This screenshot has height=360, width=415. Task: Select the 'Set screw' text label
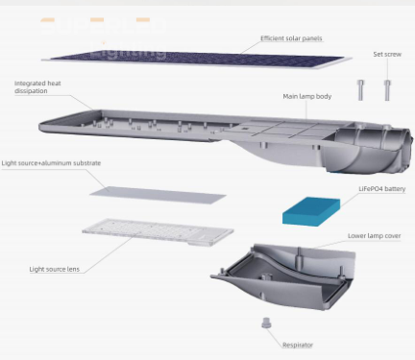tap(387, 54)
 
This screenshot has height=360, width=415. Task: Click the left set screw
tap(360, 90)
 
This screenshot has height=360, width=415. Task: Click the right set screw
tap(387, 90)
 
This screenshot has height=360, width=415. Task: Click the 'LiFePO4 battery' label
tap(381, 189)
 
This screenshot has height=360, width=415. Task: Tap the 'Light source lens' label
tap(54, 269)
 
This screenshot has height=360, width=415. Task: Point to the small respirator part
tap(262, 324)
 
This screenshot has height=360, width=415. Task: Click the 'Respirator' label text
tap(297, 344)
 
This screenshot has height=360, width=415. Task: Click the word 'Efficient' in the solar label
tap(276, 39)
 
